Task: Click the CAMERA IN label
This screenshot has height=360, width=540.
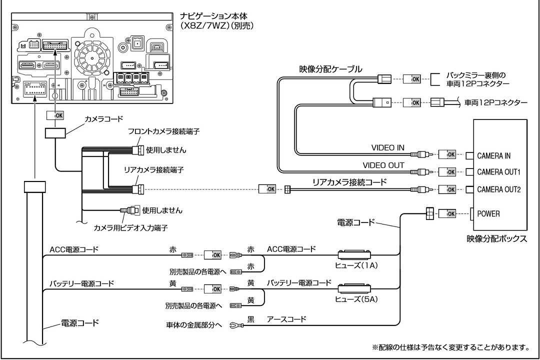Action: pos(494,155)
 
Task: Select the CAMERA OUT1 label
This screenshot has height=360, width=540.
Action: pos(498,172)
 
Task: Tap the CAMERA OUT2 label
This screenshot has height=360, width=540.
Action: pos(498,189)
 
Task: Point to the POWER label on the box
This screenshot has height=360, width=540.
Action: pos(488,213)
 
